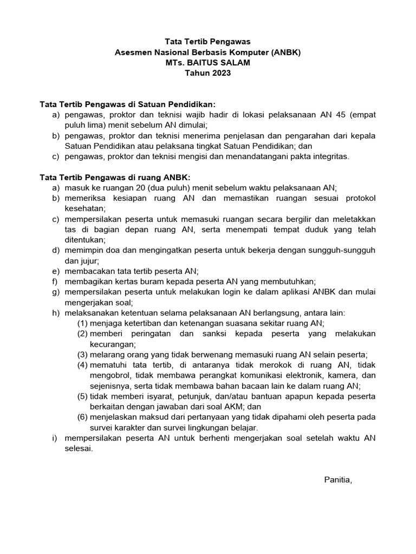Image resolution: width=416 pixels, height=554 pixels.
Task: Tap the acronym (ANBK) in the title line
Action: point(282,52)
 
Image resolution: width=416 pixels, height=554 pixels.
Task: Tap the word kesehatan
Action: point(84,208)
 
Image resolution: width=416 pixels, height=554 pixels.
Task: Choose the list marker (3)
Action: point(82,354)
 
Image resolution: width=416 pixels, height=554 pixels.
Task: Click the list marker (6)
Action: point(82,417)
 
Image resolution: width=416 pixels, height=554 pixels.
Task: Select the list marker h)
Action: point(56,312)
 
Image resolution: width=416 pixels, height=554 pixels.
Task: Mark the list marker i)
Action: point(55,438)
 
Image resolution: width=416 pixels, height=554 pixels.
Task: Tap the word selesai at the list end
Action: point(79,448)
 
